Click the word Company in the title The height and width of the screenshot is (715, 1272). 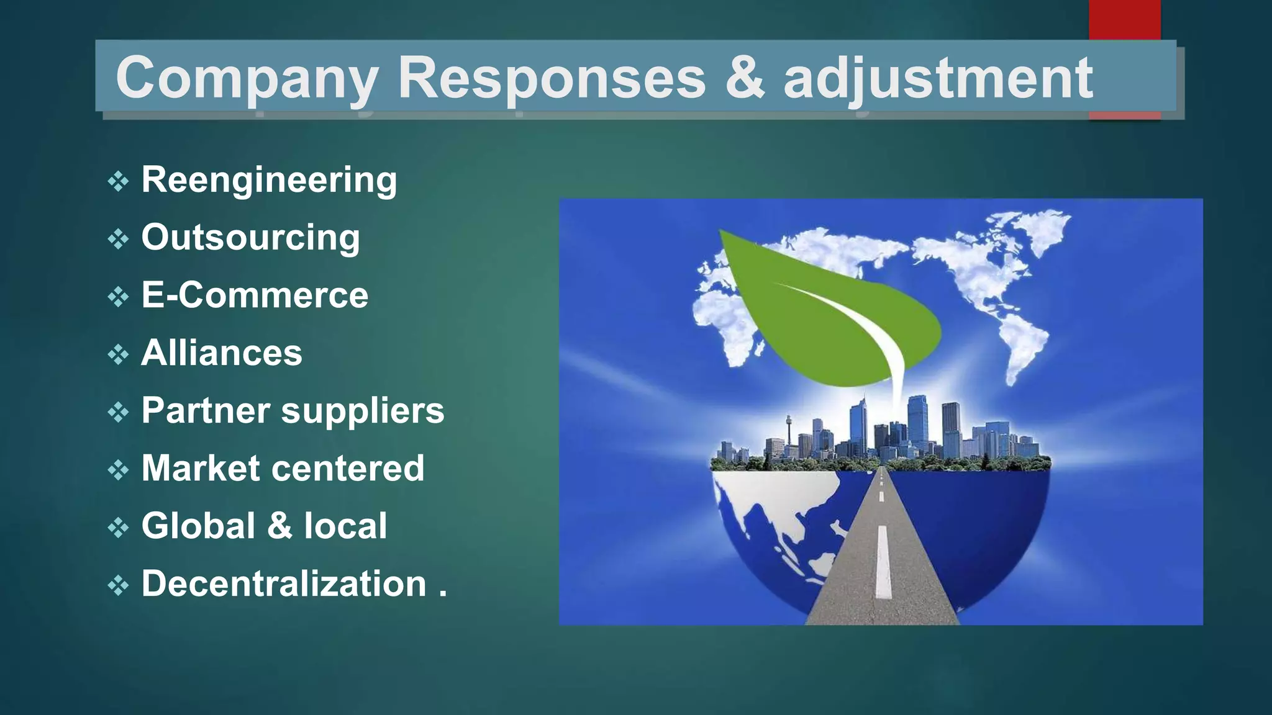pos(247,78)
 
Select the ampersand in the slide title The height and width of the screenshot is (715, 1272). pos(744,78)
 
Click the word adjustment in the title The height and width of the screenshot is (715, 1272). pos(938,78)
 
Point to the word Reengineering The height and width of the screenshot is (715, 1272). pos(269,181)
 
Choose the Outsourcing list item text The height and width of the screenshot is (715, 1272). pos(250,238)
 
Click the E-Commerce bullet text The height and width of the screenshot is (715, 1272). pos(255,295)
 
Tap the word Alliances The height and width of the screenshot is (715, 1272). pos(222,353)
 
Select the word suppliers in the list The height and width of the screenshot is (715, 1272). pos(363,411)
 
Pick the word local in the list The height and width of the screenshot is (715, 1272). pos(345,526)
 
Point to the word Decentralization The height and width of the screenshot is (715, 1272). pos(284,584)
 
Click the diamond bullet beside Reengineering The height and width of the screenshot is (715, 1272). pos(118,182)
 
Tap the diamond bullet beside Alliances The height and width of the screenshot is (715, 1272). pos(118,355)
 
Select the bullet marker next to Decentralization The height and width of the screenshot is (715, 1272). pos(118,585)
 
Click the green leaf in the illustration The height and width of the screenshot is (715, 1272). pos(826,310)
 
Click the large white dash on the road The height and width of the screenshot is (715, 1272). pos(883,562)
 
